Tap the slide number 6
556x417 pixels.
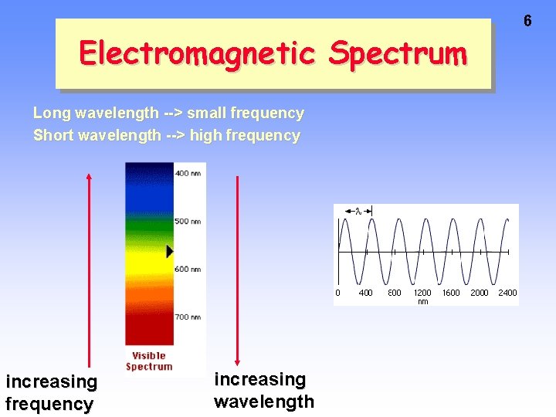tap(527, 21)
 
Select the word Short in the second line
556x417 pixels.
tap(49, 136)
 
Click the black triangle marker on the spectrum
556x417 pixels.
tap(170, 251)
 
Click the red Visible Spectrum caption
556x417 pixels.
tap(149, 361)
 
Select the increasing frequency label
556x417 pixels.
tap(51, 392)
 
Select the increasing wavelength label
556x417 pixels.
tap(263, 390)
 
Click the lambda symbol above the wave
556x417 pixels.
tap(358, 210)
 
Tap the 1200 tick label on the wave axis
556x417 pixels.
tap(422, 293)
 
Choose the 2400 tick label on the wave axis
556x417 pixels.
tap(507, 293)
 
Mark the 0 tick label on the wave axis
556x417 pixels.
tap(337, 293)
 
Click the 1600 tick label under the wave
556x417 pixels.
tap(451, 293)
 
